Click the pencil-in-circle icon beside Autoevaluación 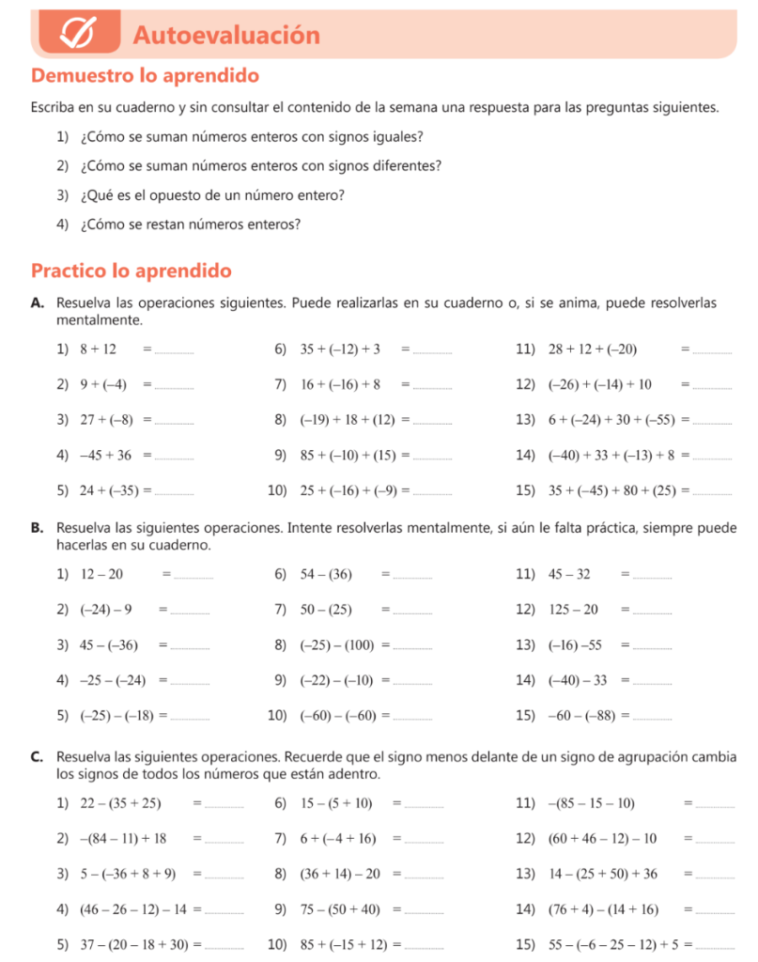79,35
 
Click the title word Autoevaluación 226,36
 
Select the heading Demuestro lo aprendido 145,75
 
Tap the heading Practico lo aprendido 131,272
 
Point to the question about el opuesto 213,195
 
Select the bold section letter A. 37,303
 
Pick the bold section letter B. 37,527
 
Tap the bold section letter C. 37,756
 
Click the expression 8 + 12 98,349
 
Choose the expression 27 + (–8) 106,419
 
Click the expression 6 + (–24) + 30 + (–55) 614,419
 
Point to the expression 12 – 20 101,574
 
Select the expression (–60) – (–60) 337,716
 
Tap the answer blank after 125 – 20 654,612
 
